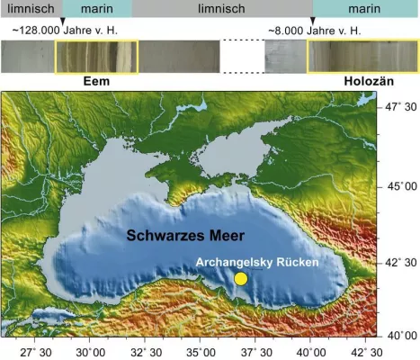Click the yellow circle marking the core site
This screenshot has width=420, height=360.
click(241, 279)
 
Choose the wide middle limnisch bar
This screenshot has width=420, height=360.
click(222, 8)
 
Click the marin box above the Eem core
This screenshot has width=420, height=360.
click(97, 8)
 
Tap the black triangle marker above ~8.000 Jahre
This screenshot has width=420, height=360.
click(312, 20)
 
